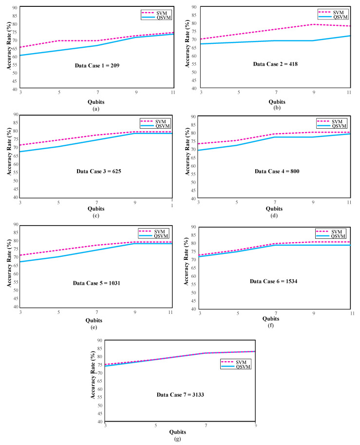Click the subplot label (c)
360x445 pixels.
point(96,215)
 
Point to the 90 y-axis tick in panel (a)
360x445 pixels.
point(15,8)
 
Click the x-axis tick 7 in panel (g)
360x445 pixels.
point(206,426)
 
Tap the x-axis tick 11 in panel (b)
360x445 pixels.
point(349,92)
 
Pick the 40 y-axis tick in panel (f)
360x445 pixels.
point(193,309)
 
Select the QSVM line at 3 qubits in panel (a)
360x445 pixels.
point(20,55)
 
